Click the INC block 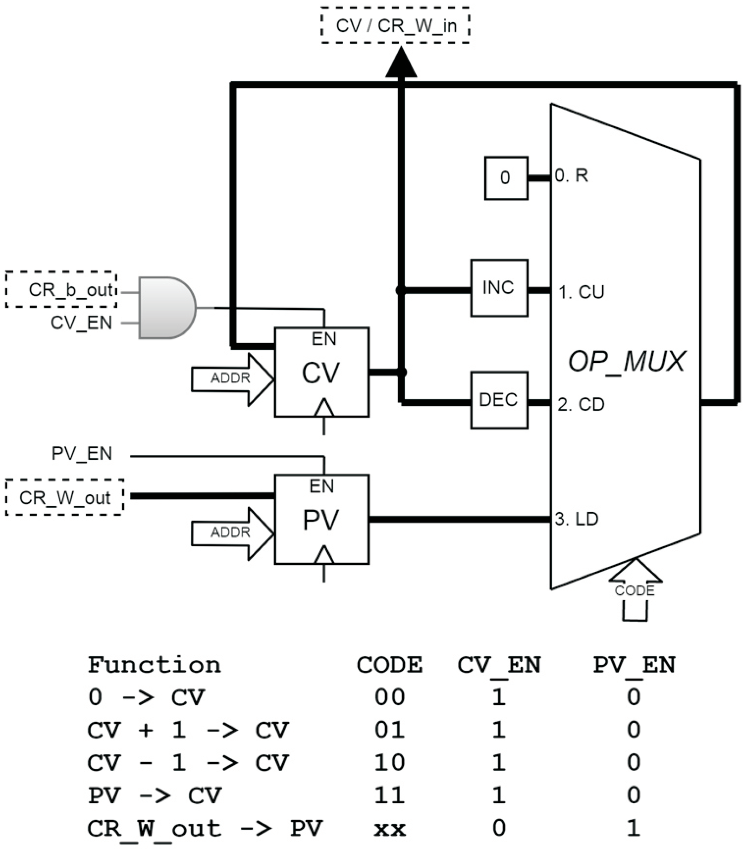coord(499,288)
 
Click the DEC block coord(499,400)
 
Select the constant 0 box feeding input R coord(506,178)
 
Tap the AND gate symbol coord(166,308)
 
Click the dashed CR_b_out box coord(61,290)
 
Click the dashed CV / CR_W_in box coord(395,26)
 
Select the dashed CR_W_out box coord(65,497)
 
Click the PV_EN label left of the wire coord(82,453)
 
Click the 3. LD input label coord(576,519)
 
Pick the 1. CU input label coord(581,293)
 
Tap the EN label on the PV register coord(322,486)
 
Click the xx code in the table coord(389,829)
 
